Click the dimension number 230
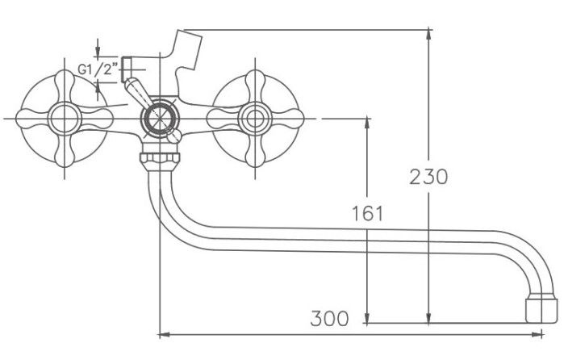428,177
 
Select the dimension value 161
367,213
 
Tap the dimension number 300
329,319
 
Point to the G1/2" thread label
98,69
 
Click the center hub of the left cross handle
65,118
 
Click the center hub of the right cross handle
255,119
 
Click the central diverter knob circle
160,118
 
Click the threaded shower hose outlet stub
127,69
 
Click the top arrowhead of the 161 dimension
367,123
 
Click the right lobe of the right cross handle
287,119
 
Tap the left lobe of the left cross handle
32,119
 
